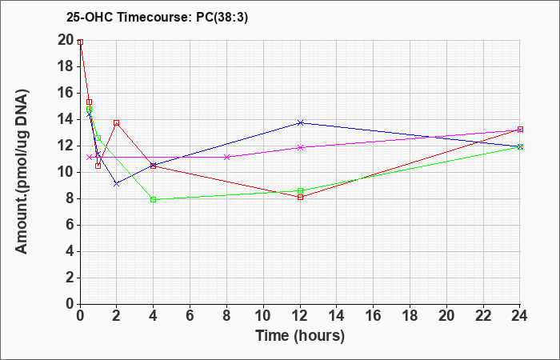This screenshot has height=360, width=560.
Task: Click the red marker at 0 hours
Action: coord(80,42)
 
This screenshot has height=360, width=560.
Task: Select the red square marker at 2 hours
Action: coord(117,123)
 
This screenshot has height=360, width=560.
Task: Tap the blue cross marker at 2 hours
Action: coord(117,183)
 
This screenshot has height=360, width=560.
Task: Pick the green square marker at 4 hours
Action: coord(154,200)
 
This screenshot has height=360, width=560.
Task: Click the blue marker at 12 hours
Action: coord(300,123)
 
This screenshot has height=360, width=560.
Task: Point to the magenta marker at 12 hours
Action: coord(300,147)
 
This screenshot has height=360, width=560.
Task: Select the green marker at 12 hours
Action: coord(300,190)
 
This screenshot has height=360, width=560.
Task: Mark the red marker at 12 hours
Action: coord(300,197)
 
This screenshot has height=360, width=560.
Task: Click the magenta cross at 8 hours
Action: coord(226,157)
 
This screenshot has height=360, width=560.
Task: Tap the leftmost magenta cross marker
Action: coord(90,157)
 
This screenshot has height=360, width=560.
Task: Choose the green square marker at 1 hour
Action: coord(98,138)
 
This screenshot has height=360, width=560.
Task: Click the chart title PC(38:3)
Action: coord(222,18)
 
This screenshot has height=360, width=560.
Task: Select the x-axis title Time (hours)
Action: coord(300,336)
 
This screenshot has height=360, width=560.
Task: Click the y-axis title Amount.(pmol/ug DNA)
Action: coord(22,171)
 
